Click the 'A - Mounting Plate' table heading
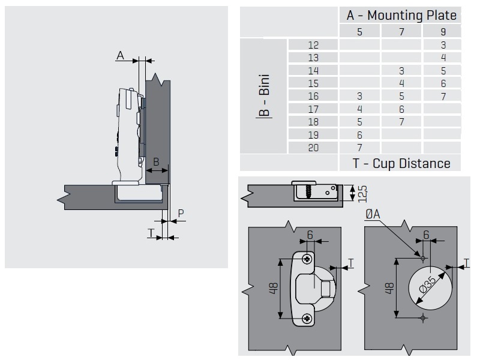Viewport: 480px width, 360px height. [401, 15]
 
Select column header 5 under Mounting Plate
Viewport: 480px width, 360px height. [359, 32]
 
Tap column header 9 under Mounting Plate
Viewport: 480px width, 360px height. [443, 32]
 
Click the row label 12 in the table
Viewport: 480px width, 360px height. [313, 45]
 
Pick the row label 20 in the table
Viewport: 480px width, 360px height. [313, 148]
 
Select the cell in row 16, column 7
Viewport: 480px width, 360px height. [401, 96]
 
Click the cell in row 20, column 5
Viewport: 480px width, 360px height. [359, 148]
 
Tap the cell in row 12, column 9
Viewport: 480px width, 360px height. [443, 45]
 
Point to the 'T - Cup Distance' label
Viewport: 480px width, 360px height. [401, 163]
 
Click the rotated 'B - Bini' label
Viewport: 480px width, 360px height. [265, 96]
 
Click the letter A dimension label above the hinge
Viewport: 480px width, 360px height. [120, 56]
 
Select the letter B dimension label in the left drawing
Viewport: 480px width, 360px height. [156, 161]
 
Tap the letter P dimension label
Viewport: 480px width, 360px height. [181, 212]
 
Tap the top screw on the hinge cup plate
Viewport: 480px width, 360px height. [308, 259]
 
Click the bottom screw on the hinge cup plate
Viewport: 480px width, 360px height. [308, 317]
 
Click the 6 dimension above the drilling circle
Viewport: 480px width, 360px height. [426, 235]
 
